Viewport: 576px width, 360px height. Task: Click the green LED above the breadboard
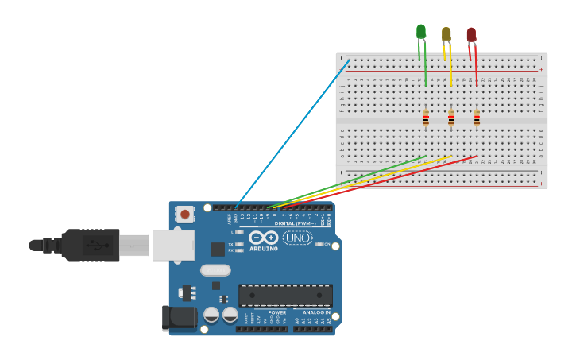420,32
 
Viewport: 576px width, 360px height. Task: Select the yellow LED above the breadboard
446,34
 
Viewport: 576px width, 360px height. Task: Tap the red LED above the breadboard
471,35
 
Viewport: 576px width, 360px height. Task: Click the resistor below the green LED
426,118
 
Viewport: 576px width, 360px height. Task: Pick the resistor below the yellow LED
451,118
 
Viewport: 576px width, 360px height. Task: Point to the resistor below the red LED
477,118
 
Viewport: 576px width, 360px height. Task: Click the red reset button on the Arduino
185,214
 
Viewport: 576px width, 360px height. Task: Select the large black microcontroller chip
285,296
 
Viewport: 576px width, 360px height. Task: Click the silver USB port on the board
173,246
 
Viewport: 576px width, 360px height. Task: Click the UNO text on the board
298,238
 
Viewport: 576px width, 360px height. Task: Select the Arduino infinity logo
263,238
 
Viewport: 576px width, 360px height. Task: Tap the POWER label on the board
276,312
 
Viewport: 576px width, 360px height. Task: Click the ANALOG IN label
315,312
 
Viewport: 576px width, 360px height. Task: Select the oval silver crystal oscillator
215,270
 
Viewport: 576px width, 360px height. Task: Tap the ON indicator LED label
326,244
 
